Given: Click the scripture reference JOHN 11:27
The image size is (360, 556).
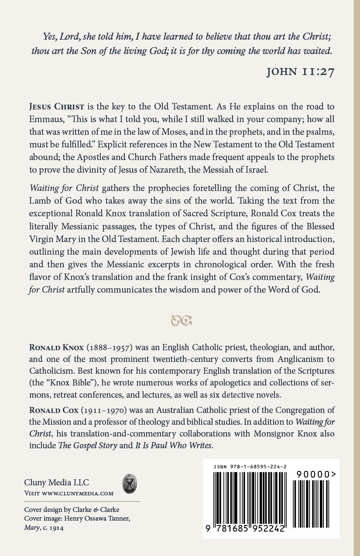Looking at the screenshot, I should [300, 72].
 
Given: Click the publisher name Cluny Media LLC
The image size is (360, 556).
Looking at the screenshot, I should [56, 483].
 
